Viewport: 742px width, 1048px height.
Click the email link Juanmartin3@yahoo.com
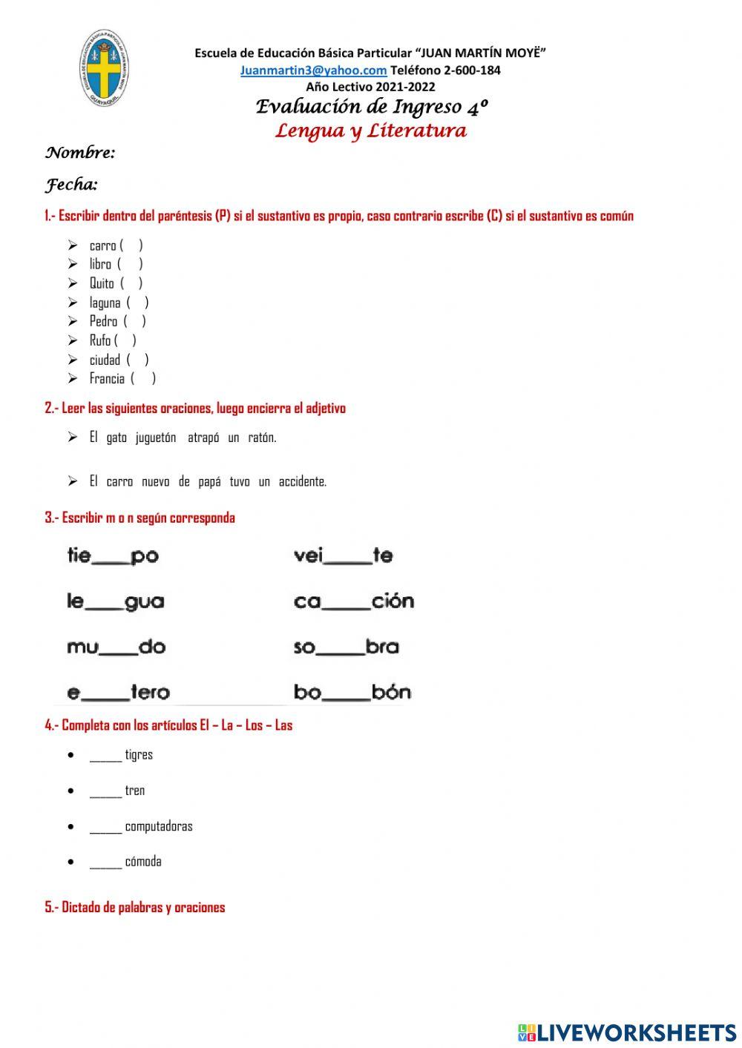point(313,70)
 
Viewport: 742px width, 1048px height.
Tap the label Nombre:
point(80,154)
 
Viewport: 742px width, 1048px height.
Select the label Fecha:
point(72,185)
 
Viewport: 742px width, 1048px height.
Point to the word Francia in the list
point(107,379)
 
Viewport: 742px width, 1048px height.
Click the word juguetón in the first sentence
point(156,438)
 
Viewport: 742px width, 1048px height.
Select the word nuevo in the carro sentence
point(155,481)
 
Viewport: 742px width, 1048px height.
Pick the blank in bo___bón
point(345,699)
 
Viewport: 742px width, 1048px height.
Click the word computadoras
point(158,826)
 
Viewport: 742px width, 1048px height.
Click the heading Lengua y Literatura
point(371,131)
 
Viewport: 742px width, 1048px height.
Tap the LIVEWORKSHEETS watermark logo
point(627,1032)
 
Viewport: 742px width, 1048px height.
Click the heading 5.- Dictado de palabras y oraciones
point(135,907)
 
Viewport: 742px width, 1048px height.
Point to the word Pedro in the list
point(103,321)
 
